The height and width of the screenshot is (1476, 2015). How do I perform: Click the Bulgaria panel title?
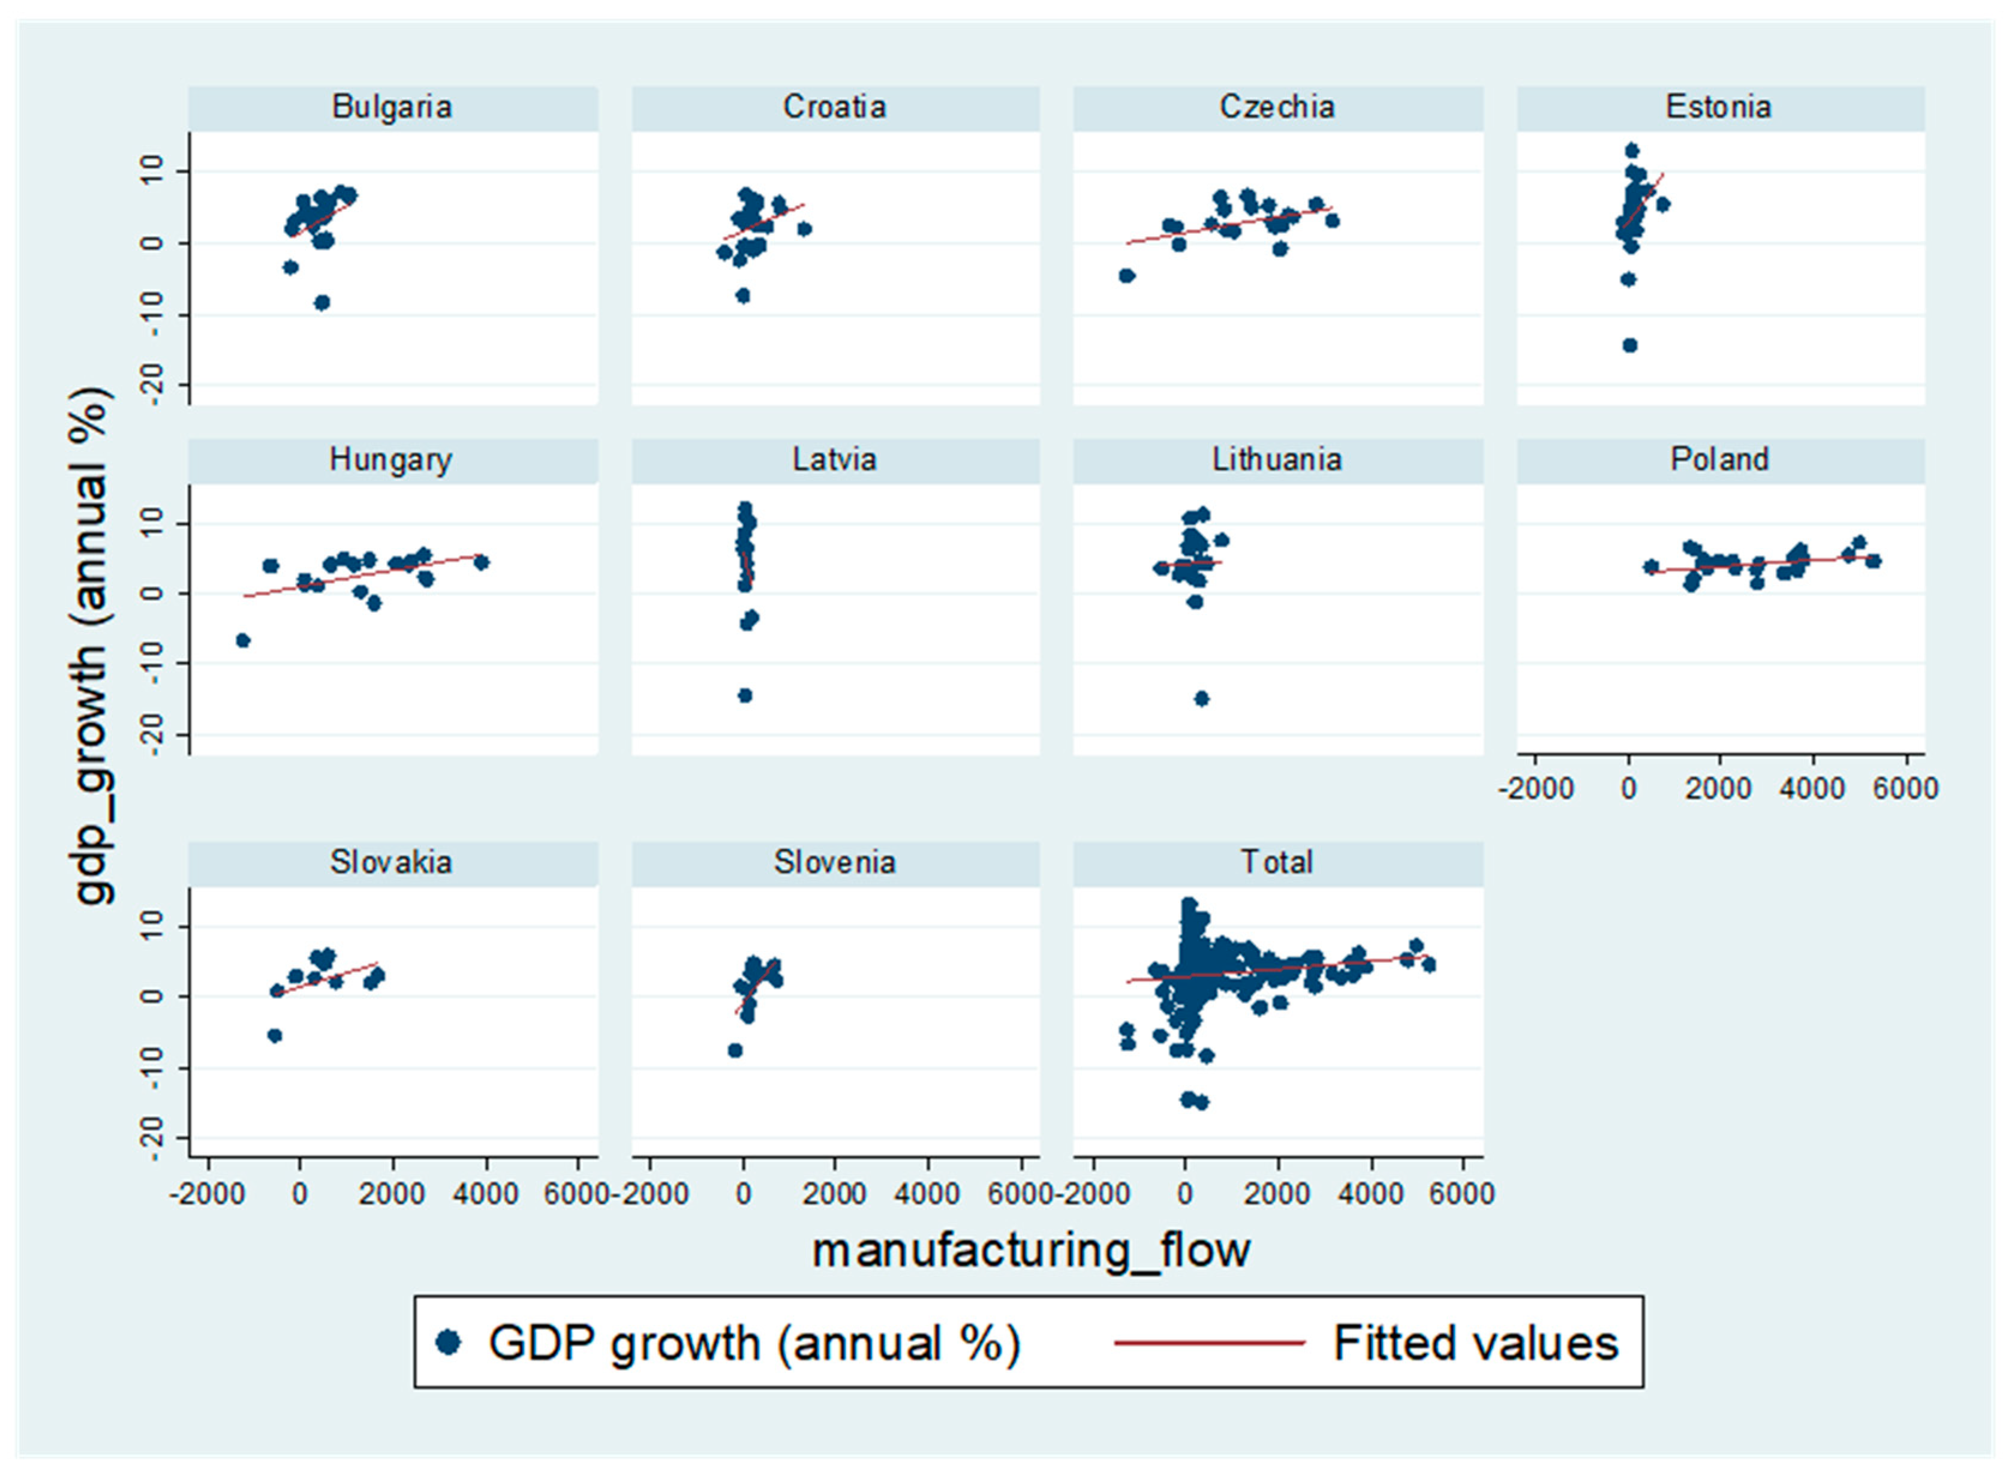(392, 107)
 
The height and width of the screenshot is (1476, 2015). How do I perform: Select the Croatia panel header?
(835, 107)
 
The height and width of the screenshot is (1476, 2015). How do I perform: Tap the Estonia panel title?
(1718, 107)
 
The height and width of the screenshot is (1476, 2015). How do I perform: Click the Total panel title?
(1276, 862)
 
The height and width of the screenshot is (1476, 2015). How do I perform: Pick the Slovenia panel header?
(835, 862)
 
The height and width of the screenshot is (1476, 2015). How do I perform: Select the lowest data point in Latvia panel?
(744, 695)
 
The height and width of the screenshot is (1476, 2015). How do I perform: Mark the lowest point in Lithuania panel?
(1202, 698)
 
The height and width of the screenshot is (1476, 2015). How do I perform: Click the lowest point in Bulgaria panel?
(321, 302)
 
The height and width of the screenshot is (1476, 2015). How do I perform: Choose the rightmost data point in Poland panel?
(1874, 561)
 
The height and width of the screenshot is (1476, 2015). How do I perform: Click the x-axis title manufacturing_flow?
(1030, 1251)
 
